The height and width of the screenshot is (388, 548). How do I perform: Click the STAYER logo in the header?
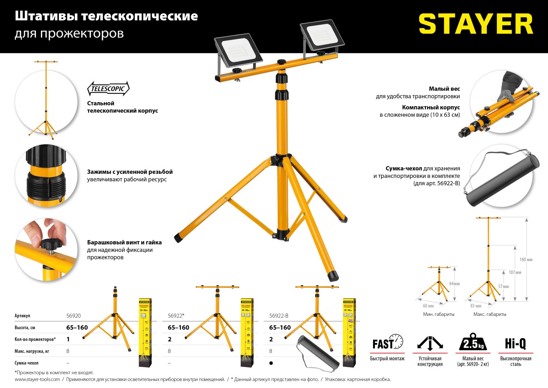point(476,24)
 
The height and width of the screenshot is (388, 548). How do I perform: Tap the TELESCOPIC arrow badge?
point(108,89)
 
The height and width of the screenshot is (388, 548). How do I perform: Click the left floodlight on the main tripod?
point(238,52)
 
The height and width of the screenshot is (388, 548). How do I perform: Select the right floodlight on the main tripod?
point(322,37)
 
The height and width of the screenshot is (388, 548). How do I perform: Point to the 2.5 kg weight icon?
point(473,343)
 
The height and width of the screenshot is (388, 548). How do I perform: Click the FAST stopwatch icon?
point(388,342)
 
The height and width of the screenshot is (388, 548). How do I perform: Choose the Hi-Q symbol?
point(515,343)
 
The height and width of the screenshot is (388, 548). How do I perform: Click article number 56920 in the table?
point(73,316)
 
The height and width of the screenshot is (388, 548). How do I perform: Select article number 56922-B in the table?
point(279,316)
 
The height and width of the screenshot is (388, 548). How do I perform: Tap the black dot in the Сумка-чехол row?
point(271,363)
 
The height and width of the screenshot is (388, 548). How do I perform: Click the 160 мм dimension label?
point(526,260)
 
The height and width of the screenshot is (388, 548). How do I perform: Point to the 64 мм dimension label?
point(454,284)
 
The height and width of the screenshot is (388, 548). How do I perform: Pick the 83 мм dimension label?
point(476,306)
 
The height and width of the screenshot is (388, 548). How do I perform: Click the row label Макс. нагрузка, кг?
point(32,351)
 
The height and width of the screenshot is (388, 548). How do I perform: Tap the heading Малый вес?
point(444,89)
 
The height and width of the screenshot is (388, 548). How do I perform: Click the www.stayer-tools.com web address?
point(37,380)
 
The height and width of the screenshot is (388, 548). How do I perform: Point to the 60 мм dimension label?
point(428,306)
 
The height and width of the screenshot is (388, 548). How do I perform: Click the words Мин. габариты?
point(438,314)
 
